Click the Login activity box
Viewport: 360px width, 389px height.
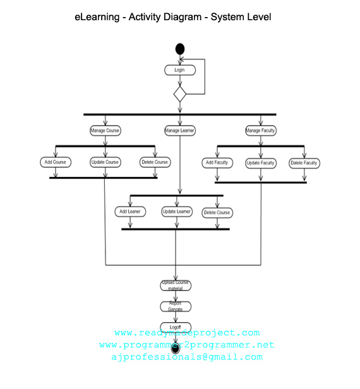179,70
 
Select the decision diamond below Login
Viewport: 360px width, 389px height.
180,95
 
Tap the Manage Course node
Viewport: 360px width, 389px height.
105,131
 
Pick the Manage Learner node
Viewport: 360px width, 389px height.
180,131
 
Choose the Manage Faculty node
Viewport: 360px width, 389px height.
260,131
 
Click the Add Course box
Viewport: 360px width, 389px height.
55,162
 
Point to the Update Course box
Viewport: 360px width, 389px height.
105,162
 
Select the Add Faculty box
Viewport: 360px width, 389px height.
217,163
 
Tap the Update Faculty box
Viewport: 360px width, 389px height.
260,163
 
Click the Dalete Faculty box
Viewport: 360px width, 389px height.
304,163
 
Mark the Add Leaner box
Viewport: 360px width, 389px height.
129,212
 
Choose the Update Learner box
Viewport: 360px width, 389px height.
177,212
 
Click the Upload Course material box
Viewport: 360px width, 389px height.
175,285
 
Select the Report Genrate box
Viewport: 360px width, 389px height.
175,306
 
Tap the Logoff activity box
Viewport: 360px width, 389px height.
175,327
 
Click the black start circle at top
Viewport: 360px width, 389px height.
180,49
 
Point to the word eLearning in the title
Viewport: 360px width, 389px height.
99,17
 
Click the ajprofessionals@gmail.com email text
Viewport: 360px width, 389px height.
186,357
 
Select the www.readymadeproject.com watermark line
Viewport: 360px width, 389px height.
187,333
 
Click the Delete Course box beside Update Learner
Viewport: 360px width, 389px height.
217,212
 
